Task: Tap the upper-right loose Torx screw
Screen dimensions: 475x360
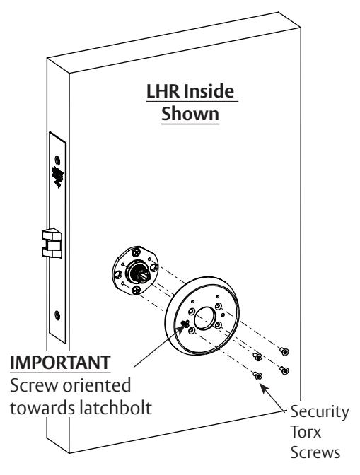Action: tap(284, 351)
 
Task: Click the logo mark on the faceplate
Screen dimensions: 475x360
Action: tap(55, 172)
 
